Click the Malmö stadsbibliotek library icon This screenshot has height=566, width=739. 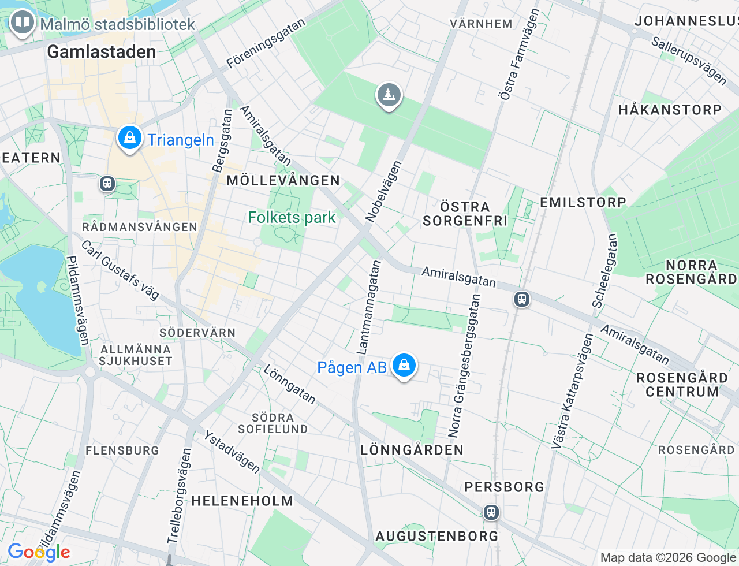tap(23, 23)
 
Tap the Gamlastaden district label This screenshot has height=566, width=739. tap(102, 52)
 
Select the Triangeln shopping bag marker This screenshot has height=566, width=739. tap(130, 139)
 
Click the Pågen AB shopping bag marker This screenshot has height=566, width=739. tap(404, 366)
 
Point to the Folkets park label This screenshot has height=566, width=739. tap(292, 218)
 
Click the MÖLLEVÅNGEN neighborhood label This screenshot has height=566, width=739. tap(283, 180)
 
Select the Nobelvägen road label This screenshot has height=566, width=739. tap(384, 191)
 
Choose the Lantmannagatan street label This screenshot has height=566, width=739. tap(369, 307)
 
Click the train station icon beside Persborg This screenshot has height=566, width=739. tap(491, 512)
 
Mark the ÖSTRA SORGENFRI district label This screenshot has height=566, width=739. tap(465, 214)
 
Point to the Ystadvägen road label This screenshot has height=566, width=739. tap(232, 452)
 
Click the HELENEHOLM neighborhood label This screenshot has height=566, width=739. tap(242, 501)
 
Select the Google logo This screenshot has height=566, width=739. tap(39, 553)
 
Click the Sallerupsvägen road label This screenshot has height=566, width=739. tap(689, 60)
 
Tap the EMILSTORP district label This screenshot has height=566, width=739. tap(583, 202)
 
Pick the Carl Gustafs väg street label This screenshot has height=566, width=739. tap(120, 270)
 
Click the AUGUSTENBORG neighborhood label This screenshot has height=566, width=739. tap(436, 536)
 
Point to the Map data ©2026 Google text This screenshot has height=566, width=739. tap(667, 557)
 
